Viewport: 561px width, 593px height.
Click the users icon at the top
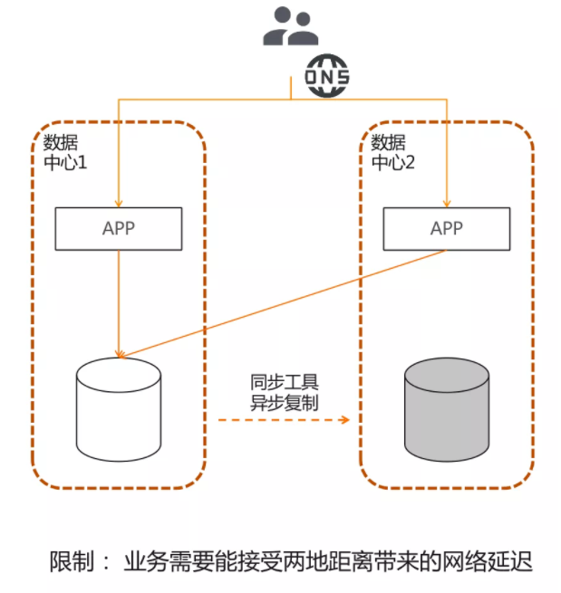point(290,26)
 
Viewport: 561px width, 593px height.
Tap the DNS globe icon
point(326,79)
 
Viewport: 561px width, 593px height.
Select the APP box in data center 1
point(119,228)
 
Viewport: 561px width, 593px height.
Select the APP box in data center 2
point(446,228)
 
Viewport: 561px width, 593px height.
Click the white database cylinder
point(120,407)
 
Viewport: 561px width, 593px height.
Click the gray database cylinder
point(448,407)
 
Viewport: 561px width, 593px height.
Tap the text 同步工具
point(285,380)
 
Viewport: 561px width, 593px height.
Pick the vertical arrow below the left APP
point(119,299)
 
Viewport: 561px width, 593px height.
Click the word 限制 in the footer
point(72,561)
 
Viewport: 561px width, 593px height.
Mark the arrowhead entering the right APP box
point(446,201)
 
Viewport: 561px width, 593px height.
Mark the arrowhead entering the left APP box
point(119,201)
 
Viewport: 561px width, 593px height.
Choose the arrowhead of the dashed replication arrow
point(344,420)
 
